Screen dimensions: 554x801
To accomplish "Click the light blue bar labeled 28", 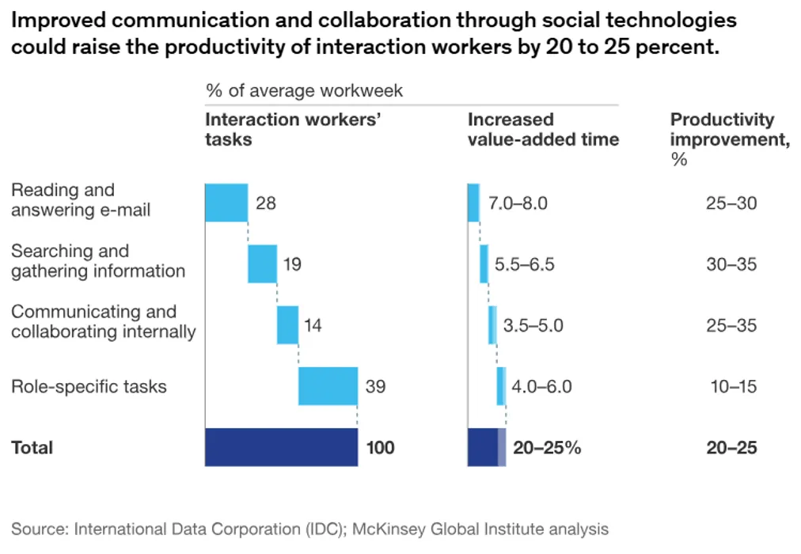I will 226,203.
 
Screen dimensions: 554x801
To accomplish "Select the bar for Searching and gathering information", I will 262,264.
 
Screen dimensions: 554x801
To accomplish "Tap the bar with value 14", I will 287,324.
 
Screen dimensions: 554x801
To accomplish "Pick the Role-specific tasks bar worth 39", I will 328,386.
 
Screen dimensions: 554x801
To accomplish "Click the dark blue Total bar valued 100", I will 281,447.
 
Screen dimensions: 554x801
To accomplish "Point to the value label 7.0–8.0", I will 518,203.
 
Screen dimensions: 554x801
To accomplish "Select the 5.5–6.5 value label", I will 524,264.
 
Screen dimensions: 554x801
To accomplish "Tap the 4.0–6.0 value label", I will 541,387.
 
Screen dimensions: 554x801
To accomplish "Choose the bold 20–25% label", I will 547,448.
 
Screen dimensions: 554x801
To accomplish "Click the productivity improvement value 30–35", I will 731,264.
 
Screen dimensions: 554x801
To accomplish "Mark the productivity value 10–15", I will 733,387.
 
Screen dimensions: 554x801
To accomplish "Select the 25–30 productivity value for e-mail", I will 731,203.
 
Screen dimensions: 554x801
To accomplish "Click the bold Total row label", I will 32,448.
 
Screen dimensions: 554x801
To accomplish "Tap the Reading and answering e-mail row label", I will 80,200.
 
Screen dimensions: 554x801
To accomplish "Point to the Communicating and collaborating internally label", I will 103,322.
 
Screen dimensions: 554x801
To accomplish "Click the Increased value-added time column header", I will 543,130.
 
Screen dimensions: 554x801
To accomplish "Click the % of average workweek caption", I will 304,91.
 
